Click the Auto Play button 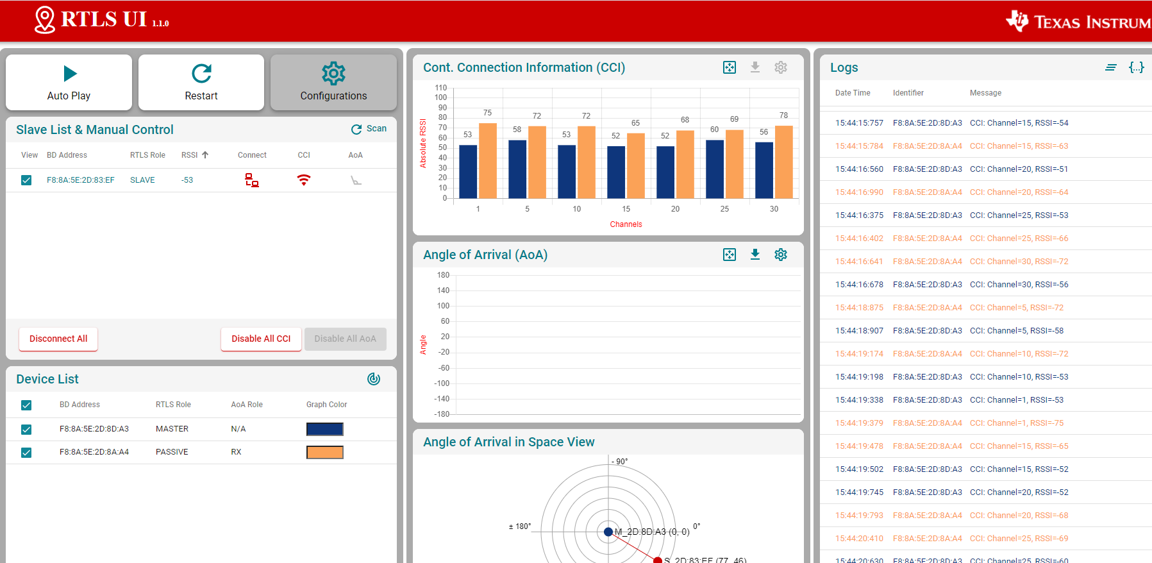(69, 83)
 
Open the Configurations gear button (333, 83)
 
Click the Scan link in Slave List (369, 129)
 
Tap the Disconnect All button (58, 339)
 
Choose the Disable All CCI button (261, 339)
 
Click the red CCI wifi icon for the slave (304, 180)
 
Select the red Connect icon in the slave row (252, 180)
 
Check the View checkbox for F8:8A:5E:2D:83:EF (26, 180)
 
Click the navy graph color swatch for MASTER (324, 429)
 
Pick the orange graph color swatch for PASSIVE (324, 452)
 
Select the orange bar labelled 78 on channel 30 (784, 162)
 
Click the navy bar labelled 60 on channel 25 (715, 169)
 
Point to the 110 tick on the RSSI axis (441, 88)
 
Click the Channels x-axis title (626, 224)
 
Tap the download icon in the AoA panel (755, 255)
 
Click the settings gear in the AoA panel (781, 255)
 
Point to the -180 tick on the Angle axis (442, 414)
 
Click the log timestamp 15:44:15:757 (859, 123)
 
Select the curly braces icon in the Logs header (1136, 67)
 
